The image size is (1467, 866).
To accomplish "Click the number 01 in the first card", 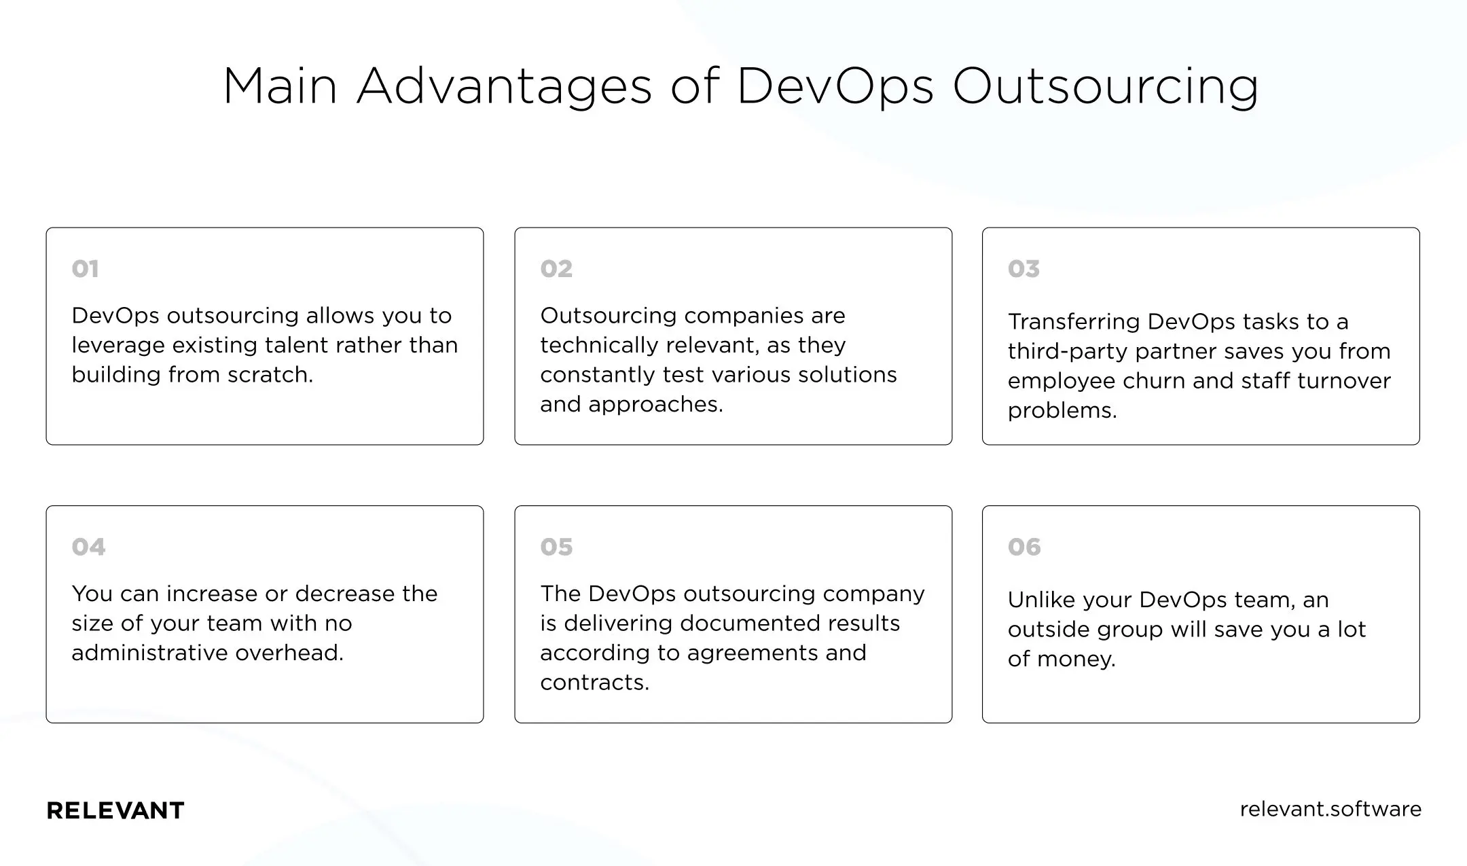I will point(85,269).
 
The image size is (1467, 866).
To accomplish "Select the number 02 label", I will point(556,269).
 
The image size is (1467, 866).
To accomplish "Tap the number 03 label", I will point(1024,269).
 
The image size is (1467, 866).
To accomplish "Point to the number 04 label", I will point(88,547).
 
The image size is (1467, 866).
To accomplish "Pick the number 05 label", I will point(556,547).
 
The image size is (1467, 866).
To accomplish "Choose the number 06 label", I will point(1024,547).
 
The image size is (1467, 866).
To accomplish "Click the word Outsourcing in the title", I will point(1105,86).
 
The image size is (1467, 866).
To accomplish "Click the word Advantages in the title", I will point(504,86).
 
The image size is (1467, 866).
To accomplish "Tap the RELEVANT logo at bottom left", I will point(115,810).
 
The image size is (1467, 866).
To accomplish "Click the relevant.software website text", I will point(1330,809).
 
